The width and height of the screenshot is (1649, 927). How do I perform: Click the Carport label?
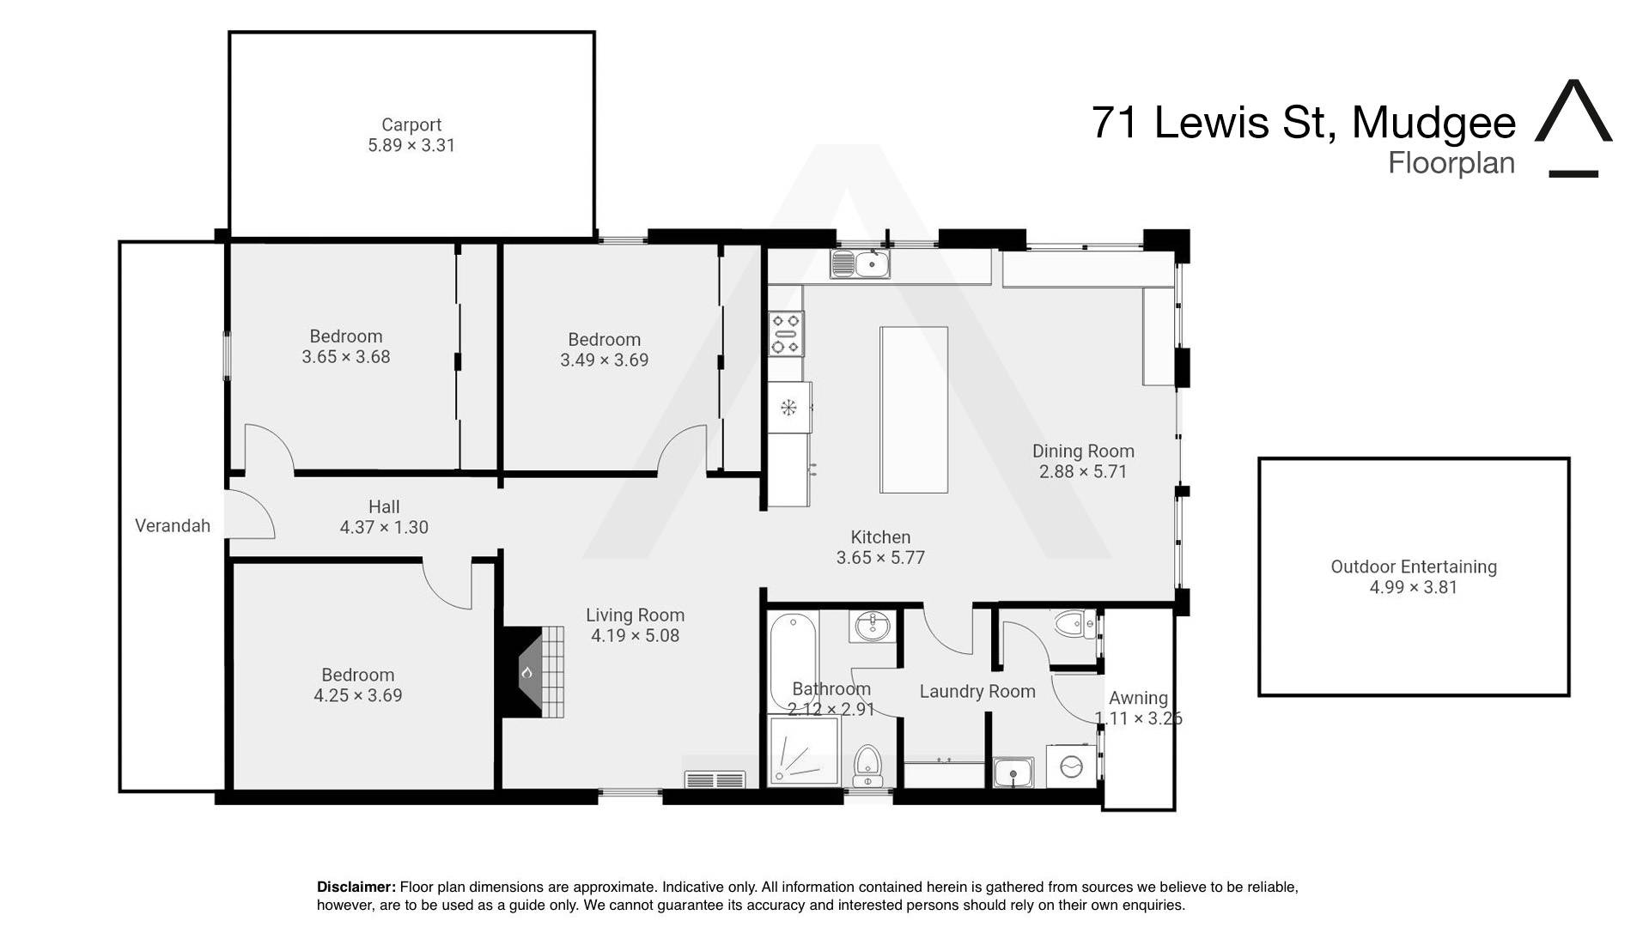411,125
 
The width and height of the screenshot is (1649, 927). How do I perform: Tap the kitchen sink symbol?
860,264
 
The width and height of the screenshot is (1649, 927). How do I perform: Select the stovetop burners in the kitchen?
786,334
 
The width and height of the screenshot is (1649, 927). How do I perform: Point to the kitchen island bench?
914,409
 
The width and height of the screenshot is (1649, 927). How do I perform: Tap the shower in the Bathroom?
804,751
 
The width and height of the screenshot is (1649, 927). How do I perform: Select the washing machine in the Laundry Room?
1071,766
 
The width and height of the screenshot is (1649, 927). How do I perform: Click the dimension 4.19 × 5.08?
635,636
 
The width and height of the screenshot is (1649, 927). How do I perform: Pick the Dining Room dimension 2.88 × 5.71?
1083,472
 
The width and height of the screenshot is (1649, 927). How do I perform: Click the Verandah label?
173,526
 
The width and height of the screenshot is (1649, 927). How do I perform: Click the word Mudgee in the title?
1433,123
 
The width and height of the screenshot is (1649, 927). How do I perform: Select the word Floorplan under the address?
1451,163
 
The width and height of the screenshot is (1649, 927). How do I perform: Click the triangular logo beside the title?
1573,128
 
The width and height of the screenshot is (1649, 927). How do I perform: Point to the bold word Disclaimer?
356,887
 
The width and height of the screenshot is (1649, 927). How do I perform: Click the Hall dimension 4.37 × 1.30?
384,528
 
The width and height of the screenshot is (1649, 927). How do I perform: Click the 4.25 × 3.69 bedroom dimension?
358,696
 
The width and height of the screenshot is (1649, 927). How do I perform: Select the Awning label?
1138,699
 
